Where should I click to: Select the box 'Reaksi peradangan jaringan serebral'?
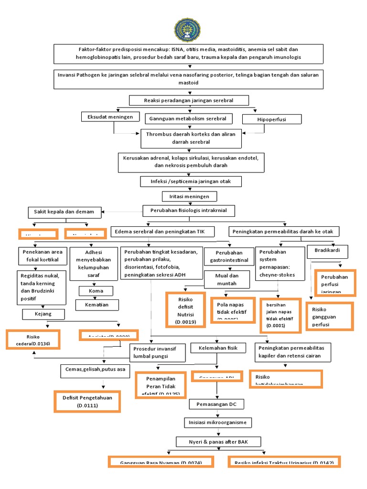point(189,100)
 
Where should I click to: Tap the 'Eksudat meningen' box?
point(110,117)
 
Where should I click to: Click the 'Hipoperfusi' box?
point(271,119)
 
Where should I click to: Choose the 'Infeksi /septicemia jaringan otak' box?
point(190,181)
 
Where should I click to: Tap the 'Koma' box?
point(96,290)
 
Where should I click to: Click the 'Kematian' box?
point(97,305)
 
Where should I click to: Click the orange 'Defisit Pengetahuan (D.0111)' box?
point(86,401)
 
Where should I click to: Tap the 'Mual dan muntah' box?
point(227,279)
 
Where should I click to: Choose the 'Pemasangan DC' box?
point(216,404)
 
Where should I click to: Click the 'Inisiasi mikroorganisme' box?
point(217,423)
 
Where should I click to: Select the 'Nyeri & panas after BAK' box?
point(218,441)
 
